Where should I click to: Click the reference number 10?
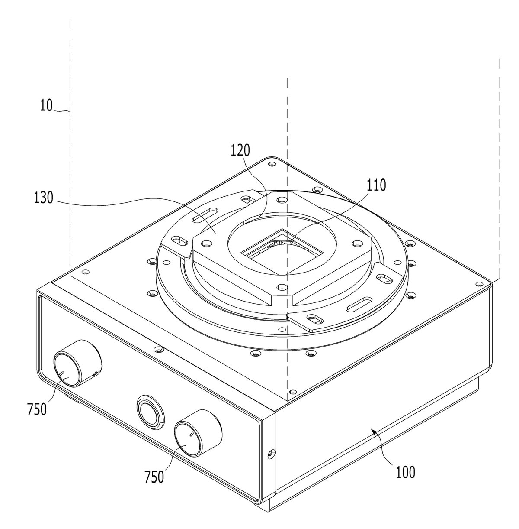click(x=46, y=105)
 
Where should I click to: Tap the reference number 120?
click(x=240, y=150)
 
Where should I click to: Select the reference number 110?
click(x=376, y=185)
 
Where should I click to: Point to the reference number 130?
click(x=43, y=198)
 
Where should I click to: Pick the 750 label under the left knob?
click(x=37, y=409)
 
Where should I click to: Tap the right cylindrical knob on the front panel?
click(x=199, y=433)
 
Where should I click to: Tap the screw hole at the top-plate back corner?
click(x=272, y=164)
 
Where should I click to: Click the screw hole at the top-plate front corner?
click(x=293, y=392)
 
